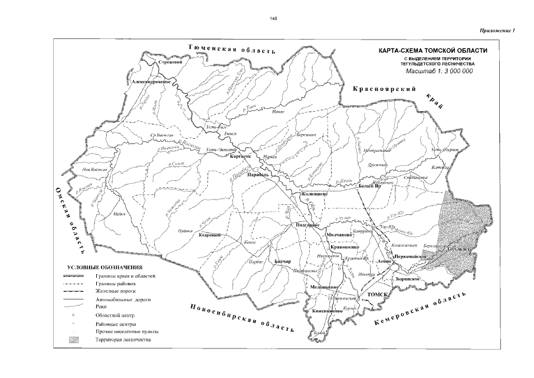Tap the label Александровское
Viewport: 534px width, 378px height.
152,82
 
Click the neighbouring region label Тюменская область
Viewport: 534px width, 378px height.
231,48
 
